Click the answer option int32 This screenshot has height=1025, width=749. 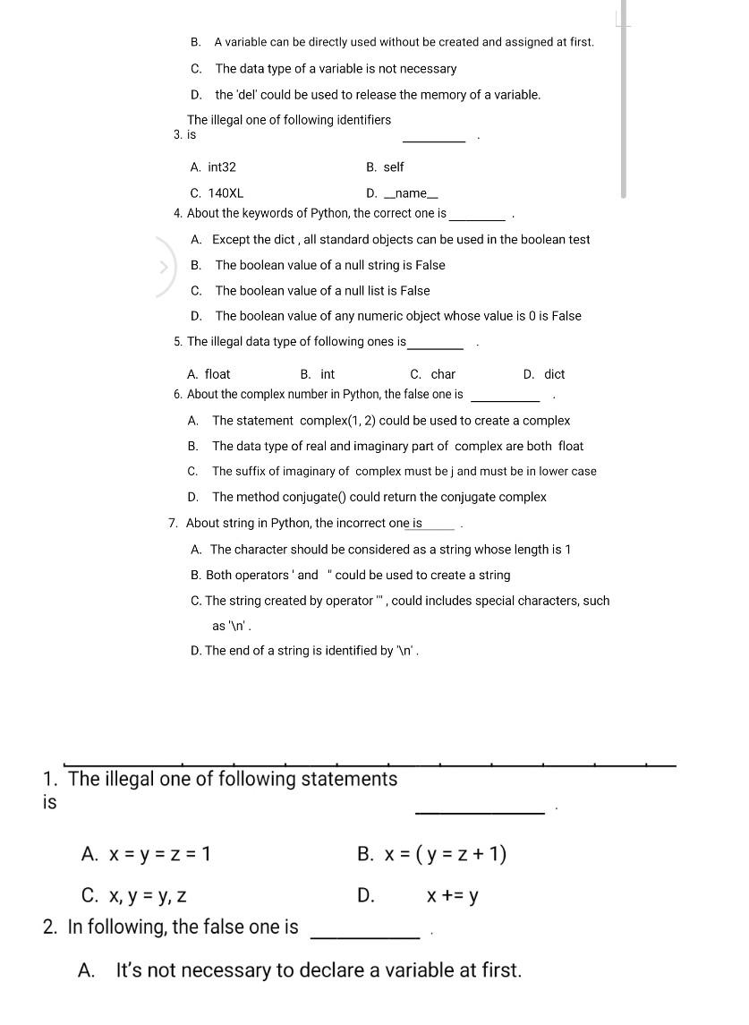click(x=221, y=167)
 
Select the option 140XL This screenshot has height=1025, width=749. click(x=225, y=193)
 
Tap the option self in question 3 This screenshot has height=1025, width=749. click(x=393, y=167)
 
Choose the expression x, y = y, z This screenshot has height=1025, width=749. click(x=147, y=895)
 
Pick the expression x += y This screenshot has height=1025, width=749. click(x=452, y=895)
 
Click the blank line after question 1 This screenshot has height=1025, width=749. click(x=480, y=811)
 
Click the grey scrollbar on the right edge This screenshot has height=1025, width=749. click(x=623, y=98)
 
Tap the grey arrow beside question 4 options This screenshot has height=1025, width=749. click(x=164, y=266)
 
